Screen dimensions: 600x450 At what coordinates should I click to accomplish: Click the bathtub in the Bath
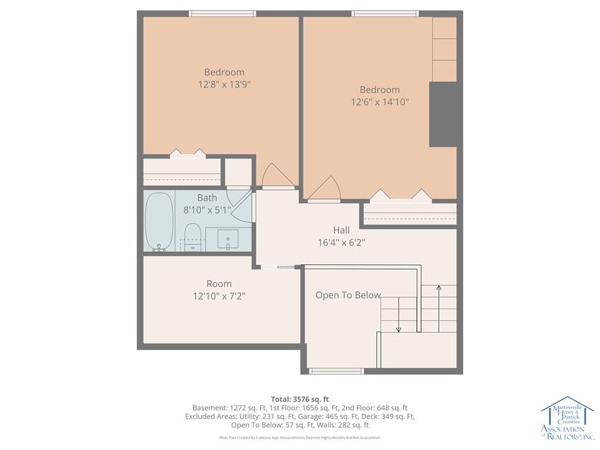coord(159,221)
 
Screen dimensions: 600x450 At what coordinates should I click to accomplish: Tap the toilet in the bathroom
coord(192,237)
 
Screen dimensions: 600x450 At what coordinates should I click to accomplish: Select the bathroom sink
coord(228,240)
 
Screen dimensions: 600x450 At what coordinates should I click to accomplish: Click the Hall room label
coord(342,230)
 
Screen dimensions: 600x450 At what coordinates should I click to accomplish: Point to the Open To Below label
coord(348,295)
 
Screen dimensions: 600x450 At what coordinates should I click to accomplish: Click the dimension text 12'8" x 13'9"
coord(224,84)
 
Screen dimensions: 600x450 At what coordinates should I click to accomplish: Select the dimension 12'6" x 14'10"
coord(380,102)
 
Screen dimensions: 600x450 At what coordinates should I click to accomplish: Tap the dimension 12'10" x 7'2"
coord(219,296)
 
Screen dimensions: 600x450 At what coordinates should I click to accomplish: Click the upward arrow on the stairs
coord(438,308)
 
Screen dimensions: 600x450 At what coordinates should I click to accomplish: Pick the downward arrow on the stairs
coord(398,315)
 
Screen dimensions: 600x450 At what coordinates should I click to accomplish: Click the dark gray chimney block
coord(443,114)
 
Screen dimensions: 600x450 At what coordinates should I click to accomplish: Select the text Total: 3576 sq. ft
coord(300,400)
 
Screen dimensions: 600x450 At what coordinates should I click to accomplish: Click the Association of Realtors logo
coord(567,418)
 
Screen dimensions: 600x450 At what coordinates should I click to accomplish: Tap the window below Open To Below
coord(336,371)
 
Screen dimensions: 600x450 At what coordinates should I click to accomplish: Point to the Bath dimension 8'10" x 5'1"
coord(207,210)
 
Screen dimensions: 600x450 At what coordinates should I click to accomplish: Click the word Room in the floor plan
coord(219,284)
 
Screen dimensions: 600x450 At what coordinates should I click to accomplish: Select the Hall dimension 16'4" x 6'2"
coord(342,242)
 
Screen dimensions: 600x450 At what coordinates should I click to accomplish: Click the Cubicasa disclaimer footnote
coord(300,437)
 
